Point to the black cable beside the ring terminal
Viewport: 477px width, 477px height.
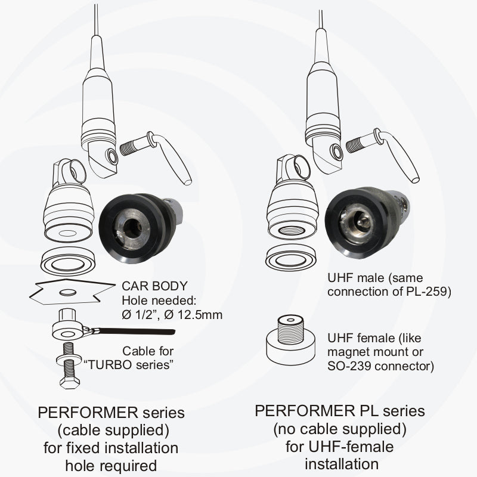click(x=143, y=332)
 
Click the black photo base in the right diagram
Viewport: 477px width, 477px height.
click(x=364, y=224)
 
